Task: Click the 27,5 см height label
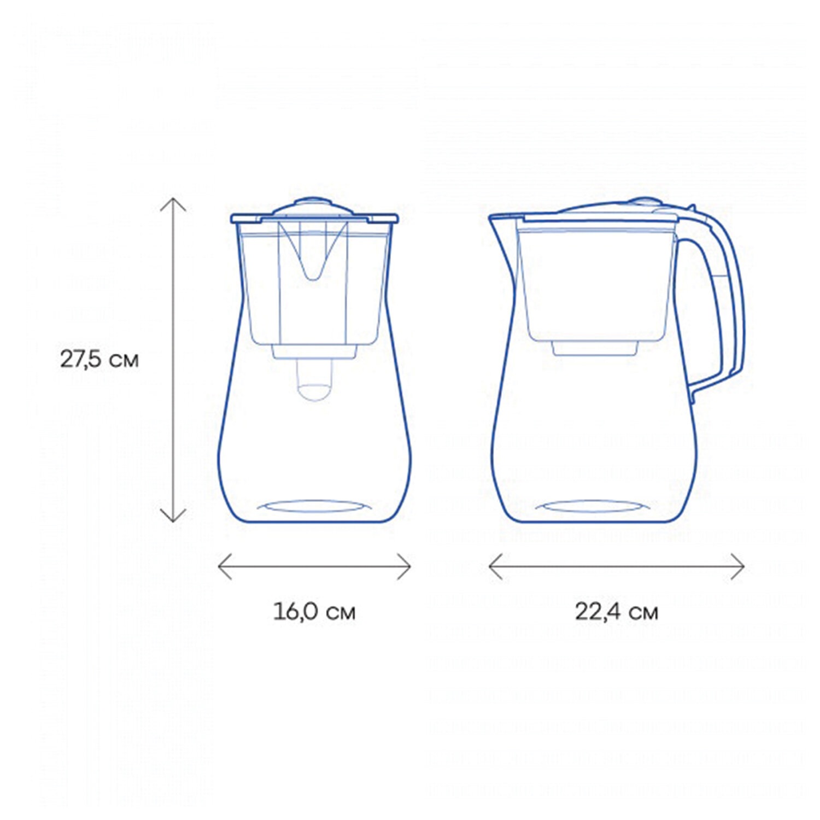[x=99, y=359]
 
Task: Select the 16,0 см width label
[x=314, y=611]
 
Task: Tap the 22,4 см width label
[x=617, y=611]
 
